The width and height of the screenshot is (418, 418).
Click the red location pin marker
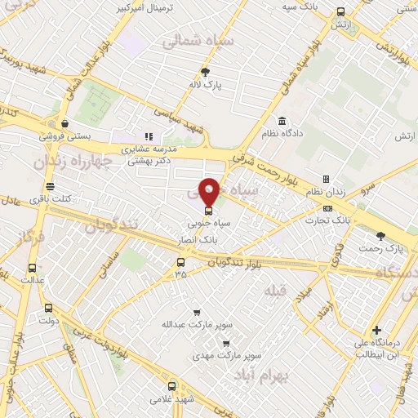click(209, 192)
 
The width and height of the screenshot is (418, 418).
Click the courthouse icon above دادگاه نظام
click(282, 119)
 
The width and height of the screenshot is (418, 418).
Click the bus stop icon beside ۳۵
click(181, 262)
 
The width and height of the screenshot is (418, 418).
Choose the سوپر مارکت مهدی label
click(216, 356)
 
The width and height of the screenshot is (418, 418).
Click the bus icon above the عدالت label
click(32, 268)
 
